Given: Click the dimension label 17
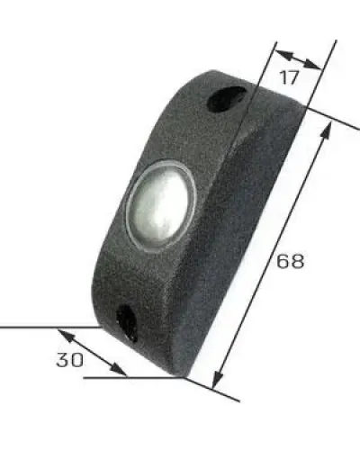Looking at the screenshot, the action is tap(290, 77).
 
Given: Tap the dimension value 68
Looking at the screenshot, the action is tap(290, 261).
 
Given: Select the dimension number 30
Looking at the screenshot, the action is tap(69, 359).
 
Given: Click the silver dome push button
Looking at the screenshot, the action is tap(161, 204).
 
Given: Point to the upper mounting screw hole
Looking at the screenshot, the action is tap(227, 99).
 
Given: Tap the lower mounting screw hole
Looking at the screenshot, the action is tap(128, 323).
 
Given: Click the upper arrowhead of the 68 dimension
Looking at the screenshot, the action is tap(327, 131).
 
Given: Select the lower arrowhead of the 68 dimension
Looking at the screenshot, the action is tap(218, 379).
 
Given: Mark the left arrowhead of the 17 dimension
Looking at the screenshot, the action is tap(283, 54).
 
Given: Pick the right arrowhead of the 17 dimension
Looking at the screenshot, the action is tap(312, 65).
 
